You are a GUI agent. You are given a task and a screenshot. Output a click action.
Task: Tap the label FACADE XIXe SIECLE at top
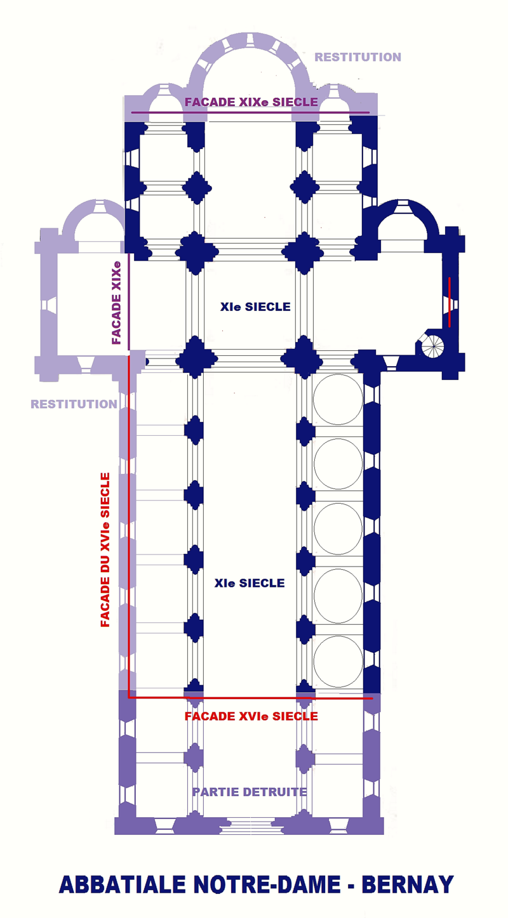coord(251,102)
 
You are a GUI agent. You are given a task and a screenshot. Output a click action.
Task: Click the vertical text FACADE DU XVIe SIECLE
coord(105,549)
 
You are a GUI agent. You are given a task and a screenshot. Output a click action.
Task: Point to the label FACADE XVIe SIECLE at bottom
coord(251,716)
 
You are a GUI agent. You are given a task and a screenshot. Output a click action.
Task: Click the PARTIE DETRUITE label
coord(250,792)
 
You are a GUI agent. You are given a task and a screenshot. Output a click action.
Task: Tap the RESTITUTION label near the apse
coord(358,57)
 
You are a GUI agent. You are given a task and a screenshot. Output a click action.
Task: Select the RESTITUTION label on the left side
coord(74,404)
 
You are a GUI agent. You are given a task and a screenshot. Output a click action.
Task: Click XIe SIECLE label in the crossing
coord(255,307)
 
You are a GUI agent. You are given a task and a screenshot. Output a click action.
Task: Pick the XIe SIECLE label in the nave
coord(250,583)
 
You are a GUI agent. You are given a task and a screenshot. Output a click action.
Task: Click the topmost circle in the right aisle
coord(338,399)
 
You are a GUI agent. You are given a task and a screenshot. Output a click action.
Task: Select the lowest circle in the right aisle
coord(338,661)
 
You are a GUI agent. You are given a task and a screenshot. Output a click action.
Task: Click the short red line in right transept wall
coord(450,302)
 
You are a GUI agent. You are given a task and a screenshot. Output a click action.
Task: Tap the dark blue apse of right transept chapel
coord(406,216)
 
